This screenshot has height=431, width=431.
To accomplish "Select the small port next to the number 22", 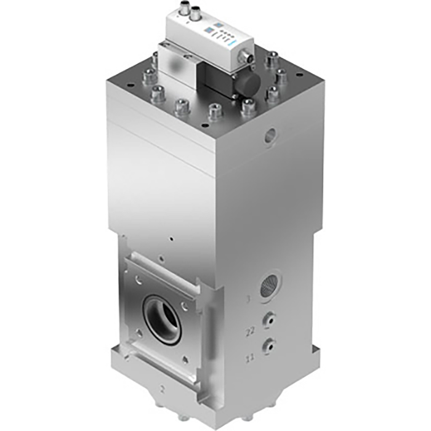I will (268, 319).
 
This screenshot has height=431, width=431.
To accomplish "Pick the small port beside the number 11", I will (268, 345).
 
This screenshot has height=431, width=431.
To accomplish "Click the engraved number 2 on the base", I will (163, 389).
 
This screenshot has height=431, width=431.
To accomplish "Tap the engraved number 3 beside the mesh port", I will (249, 300).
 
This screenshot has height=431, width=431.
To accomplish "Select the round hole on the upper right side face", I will (270, 135).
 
